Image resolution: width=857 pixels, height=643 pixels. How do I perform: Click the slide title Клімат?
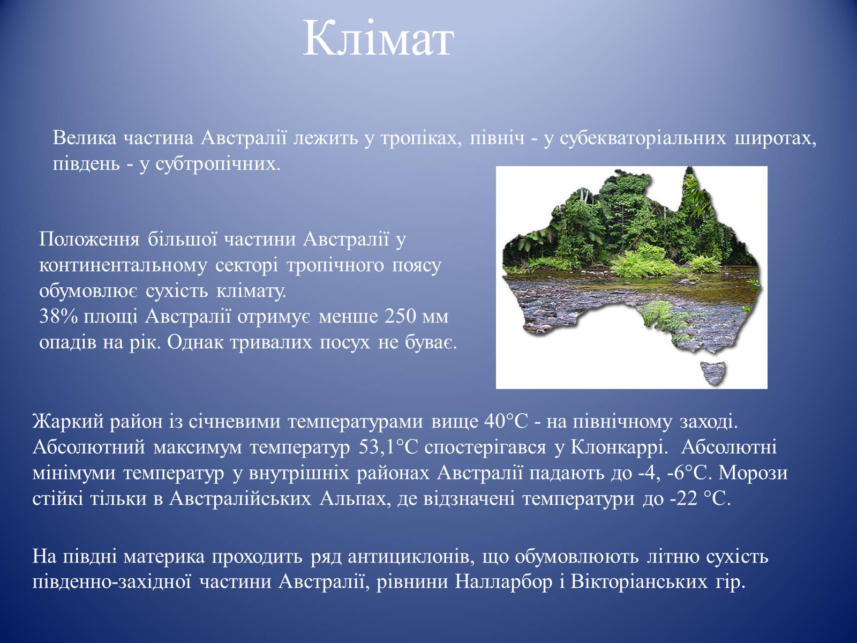click(x=378, y=40)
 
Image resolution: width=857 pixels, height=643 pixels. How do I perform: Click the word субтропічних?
click(x=218, y=163)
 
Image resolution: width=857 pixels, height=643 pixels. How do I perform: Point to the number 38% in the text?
click(x=58, y=317)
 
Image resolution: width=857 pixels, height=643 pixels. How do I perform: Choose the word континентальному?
click(x=123, y=265)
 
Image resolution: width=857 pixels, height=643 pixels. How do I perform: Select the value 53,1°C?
click(x=388, y=447)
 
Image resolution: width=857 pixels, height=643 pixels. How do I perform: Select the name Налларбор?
click(x=503, y=582)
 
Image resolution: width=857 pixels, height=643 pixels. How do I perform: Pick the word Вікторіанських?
click(x=639, y=582)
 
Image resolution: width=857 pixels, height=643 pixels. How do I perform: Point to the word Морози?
click(x=753, y=473)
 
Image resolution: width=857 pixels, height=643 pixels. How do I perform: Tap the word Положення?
click(x=89, y=240)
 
